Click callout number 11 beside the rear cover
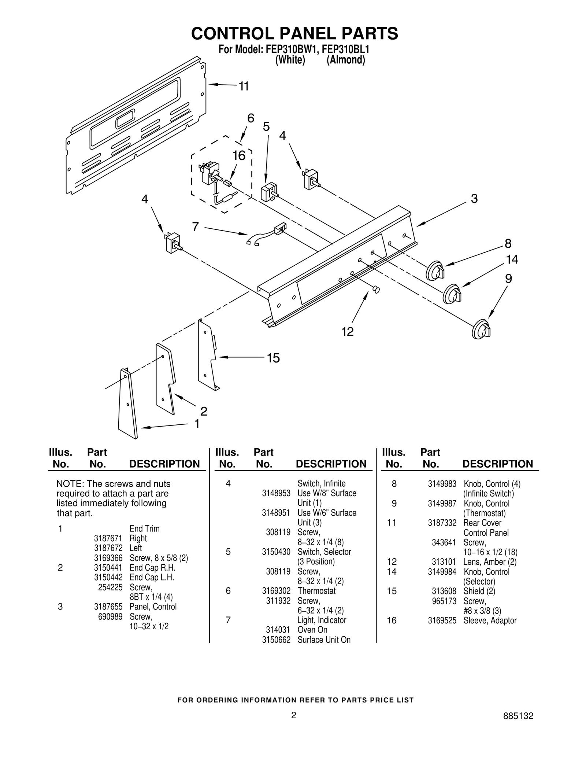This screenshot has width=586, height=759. (x=244, y=86)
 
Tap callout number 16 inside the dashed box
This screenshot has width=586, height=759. (x=239, y=156)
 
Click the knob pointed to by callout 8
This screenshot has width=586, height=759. (x=435, y=271)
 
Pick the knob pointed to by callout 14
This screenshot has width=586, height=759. (x=452, y=294)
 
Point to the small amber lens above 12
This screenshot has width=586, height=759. (x=376, y=290)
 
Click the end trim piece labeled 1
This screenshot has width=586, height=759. (x=128, y=403)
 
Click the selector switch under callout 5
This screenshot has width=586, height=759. (x=268, y=193)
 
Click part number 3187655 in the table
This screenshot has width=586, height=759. (x=108, y=607)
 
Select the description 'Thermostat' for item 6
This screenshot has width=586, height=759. (x=316, y=591)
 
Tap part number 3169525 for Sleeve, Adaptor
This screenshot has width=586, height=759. (x=442, y=620)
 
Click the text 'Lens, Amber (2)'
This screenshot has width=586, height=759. (x=490, y=562)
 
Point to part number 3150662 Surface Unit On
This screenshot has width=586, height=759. (x=276, y=640)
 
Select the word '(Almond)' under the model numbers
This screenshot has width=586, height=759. (x=345, y=60)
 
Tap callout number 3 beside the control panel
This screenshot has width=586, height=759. (x=474, y=199)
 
